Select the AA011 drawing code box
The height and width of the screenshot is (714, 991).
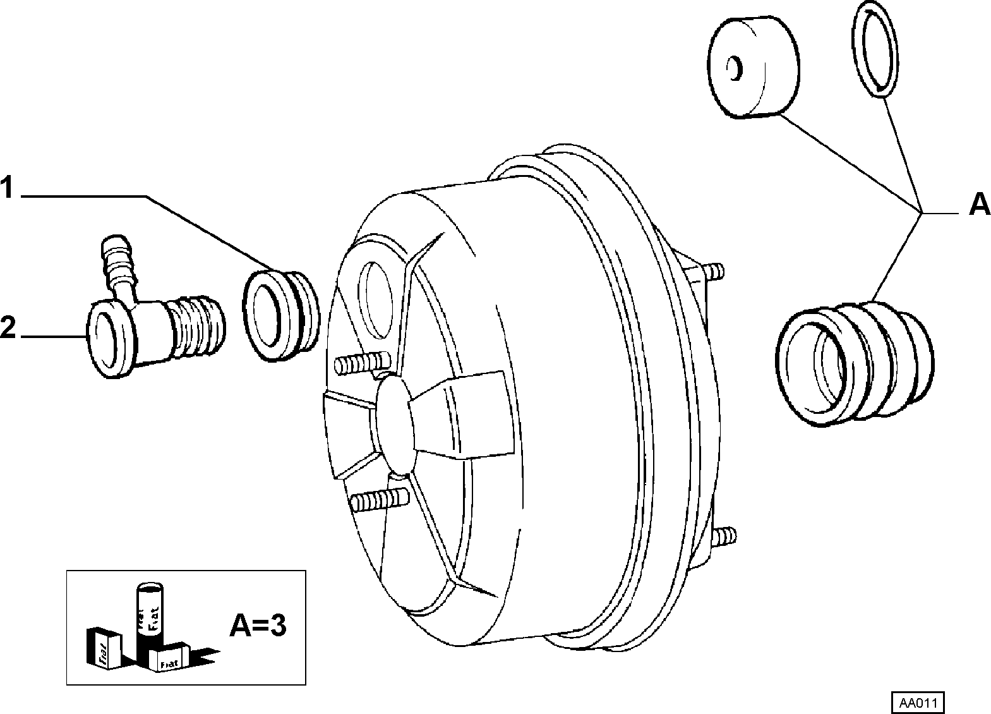tap(918, 703)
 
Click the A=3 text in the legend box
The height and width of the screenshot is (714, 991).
tap(258, 626)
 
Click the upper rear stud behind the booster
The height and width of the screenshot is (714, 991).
tap(712, 270)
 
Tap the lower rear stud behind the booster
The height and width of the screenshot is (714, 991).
tap(724, 536)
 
